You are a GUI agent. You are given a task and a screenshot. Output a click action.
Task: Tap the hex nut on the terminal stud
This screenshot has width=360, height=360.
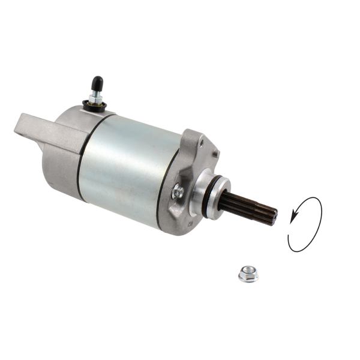pyautogui.click(x=94, y=97)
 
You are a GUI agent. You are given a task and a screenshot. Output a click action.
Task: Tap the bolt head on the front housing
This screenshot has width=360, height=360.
pyautogui.click(x=178, y=191)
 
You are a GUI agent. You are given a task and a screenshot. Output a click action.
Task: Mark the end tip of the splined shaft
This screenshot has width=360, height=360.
pyautogui.click(x=274, y=216)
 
